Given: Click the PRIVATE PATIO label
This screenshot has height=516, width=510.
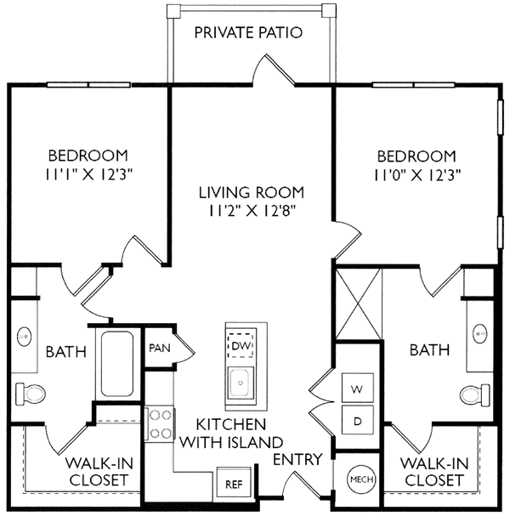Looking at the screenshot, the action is (x=248, y=32).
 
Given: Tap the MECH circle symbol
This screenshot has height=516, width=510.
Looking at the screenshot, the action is (x=361, y=479).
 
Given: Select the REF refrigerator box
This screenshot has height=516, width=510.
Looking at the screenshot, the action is (x=234, y=484).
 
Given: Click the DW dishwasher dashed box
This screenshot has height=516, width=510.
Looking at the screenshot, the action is (x=241, y=345).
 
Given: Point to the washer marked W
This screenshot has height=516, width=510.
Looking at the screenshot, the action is (x=358, y=388).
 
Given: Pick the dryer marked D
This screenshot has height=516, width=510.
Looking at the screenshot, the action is (x=358, y=421).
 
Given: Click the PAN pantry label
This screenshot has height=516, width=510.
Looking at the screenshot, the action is (x=160, y=348).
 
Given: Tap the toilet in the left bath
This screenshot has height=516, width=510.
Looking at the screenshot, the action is (x=31, y=394).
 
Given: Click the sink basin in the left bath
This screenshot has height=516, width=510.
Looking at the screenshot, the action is (x=24, y=337).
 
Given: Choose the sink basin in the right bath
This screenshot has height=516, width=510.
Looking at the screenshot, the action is (x=480, y=334).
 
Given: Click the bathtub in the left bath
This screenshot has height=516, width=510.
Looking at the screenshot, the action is (x=117, y=364).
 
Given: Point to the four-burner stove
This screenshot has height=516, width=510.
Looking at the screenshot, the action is (x=160, y=424).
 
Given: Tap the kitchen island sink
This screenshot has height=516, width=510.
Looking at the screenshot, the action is (x=241, y=383).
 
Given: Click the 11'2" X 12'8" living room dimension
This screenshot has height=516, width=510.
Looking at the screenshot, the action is (x=252, y=211).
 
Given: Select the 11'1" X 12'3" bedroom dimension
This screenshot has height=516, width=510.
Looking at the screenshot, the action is (x=89, y=175).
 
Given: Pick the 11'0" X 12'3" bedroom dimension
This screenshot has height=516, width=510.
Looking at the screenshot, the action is (x=416, y=175).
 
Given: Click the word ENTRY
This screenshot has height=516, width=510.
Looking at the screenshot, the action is (x=297, y=459).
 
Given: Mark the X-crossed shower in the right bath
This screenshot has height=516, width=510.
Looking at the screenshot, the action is (x=359, y=304).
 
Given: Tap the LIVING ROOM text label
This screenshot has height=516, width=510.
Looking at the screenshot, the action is (x=252, y=193).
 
